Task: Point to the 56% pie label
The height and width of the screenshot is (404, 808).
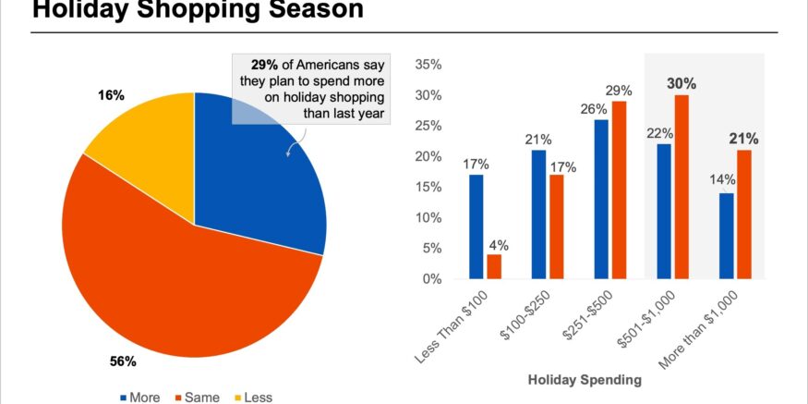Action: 123,361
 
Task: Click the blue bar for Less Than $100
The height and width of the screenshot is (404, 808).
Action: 476,226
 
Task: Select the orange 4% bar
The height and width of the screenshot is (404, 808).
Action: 494,266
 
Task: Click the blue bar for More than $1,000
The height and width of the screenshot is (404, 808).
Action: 726,236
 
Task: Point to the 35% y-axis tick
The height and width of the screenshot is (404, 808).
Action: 430,65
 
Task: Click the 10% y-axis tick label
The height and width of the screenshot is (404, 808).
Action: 430,217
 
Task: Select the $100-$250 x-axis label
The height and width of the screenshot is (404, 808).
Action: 525,324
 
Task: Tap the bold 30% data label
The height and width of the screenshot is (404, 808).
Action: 681,83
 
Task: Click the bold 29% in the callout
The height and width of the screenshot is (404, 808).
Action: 264,65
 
